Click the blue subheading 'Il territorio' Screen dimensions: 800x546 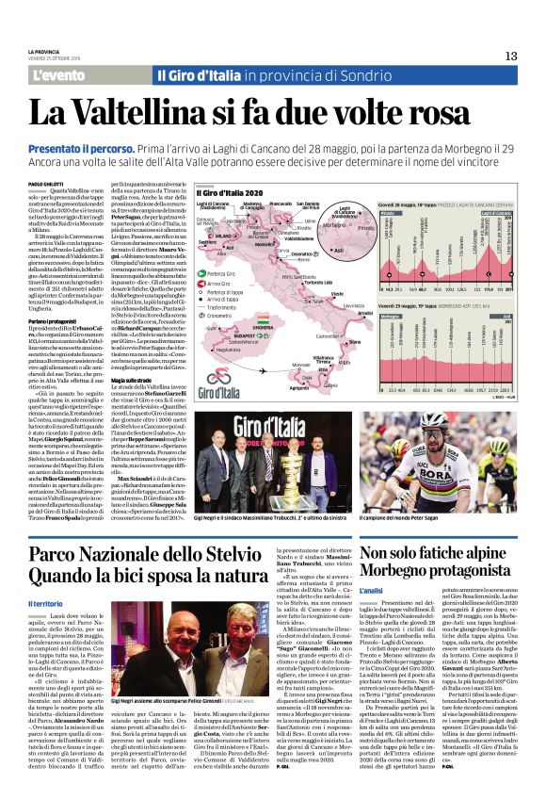[47, 603]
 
